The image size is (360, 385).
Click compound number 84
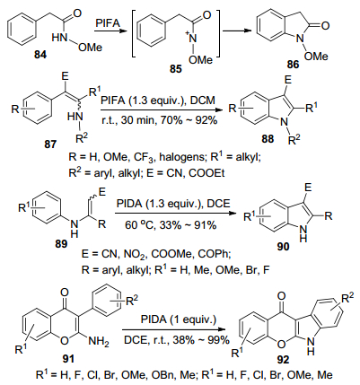40,55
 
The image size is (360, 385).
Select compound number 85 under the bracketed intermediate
176,69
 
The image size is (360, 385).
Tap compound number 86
293,64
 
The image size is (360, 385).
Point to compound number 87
50,144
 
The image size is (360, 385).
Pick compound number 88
268,139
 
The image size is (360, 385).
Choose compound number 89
61,244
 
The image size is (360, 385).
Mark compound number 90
284,247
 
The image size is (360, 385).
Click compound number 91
67,358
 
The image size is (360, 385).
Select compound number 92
283,360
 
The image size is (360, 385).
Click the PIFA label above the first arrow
108,23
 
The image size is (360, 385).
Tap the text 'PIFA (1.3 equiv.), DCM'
158,100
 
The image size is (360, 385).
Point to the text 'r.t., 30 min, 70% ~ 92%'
159,120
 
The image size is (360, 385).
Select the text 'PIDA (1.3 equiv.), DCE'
173,205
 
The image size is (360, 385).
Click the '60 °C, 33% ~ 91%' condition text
171,225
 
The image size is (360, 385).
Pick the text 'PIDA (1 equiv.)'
179,319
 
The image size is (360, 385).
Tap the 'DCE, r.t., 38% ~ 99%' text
177,340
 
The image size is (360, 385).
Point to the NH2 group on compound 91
99,341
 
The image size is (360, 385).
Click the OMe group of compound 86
316,56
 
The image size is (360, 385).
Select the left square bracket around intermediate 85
133,33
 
